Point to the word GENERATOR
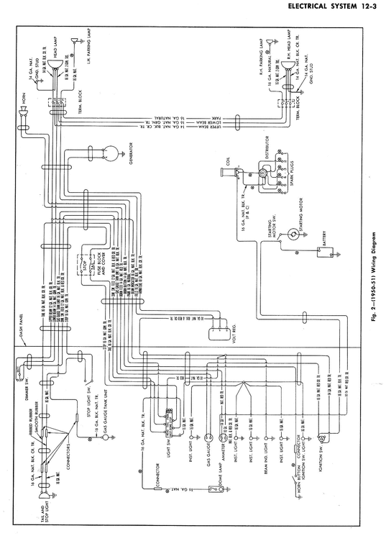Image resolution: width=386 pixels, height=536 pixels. click(132, 153)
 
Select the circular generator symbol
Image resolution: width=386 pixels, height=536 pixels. click(111, 152)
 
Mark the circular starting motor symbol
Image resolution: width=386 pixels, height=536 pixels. click(293, 234)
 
